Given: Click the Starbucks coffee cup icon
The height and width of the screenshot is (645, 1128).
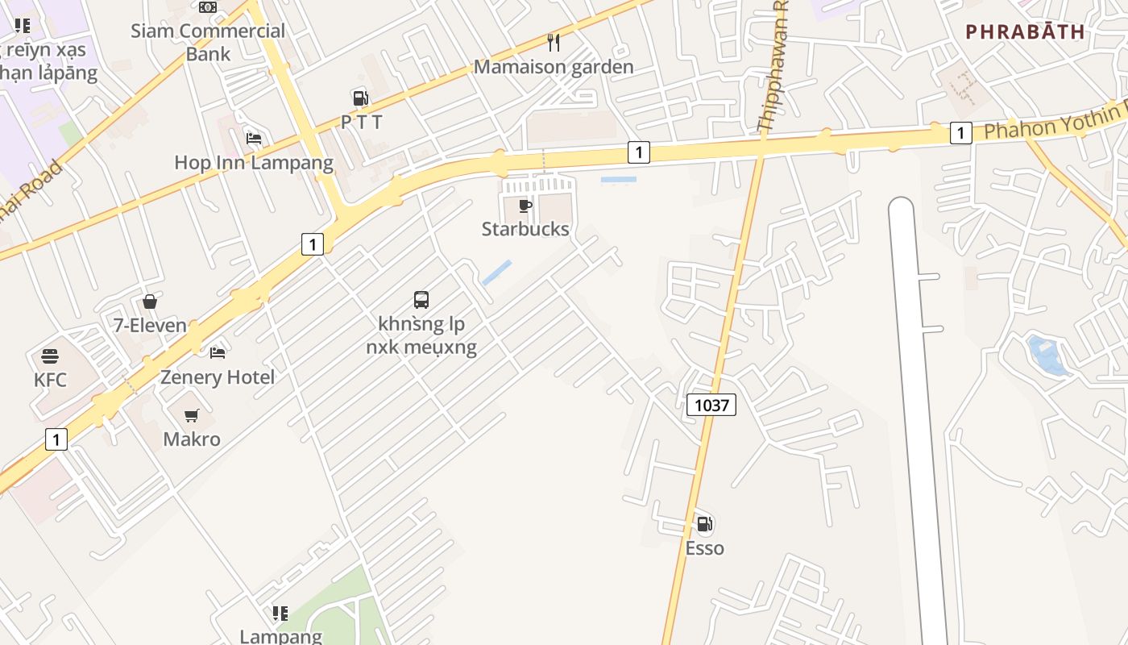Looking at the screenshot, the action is [x=525, y=206].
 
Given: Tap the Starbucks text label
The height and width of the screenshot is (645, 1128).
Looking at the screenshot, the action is [x=525, y=229].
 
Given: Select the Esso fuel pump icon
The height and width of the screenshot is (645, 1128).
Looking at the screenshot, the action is [x=704, y=525].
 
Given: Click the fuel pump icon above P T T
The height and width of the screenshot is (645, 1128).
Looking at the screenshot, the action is [x=360, y=98].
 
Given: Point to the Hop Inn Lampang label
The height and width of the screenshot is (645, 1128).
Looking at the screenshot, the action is [x=254, y=163].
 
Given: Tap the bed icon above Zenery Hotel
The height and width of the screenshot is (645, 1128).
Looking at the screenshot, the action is [x=218, y=352].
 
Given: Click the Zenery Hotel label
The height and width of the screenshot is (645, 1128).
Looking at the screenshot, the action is [x=218, y=377].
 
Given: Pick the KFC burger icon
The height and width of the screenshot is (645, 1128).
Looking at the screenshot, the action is [x=50, y=356].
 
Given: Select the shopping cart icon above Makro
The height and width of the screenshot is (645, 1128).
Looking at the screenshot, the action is [x=191, y=416].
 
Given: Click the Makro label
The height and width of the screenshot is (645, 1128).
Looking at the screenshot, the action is [x=192, y=439].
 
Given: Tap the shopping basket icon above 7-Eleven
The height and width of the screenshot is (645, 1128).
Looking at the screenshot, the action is [x=150, y=302].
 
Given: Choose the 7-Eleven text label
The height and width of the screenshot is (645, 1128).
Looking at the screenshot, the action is [x=150, y=327].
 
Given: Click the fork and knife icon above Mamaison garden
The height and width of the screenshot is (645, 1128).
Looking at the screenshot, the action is [x=554, y=42].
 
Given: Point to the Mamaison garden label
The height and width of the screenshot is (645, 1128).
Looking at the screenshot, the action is [x=554, y=67].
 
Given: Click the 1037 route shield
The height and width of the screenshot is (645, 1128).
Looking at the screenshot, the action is [x=711, y=405].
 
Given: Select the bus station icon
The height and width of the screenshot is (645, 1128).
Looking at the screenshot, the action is [x=421, y=300].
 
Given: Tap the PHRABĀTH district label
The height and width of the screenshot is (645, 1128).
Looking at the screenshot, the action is [x=1025, y=32].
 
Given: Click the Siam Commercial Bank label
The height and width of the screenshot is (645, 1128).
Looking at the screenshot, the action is [x=208, y=42].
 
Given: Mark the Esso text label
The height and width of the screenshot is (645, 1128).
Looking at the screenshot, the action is [x=704, y=548].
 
